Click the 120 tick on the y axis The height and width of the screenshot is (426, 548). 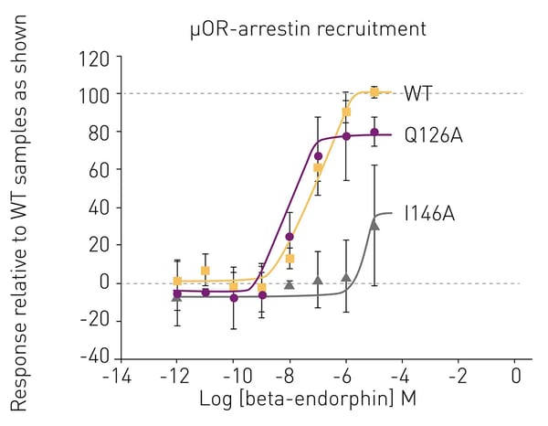pos(94,58)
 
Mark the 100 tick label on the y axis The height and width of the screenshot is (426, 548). pos(94,95)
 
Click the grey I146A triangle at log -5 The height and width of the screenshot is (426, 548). pos(374,224)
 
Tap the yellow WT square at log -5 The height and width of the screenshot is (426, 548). pos(374,91)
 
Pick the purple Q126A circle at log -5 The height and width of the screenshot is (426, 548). pos(374,133)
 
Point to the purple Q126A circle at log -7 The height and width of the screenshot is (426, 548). pos(318,156)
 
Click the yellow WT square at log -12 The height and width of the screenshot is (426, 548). pos(177,281)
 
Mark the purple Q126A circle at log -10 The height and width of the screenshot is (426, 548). pos(234,298)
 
